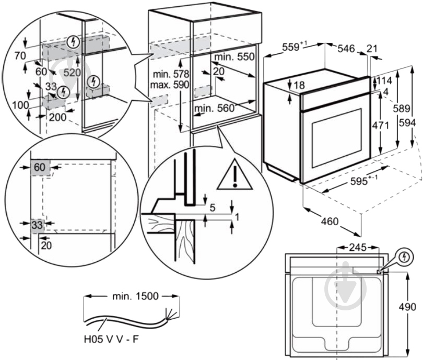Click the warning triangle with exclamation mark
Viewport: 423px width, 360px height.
tap(235, 175)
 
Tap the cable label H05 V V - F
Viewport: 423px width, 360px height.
tap(111, 339)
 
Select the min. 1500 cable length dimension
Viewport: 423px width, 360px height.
tap(135, 296)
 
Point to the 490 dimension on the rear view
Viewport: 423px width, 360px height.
tap(407, 307)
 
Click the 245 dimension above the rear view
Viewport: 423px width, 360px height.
tap(358, 247)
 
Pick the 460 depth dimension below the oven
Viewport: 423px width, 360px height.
tap(330, 222)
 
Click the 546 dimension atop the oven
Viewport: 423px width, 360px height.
tap(346, 49)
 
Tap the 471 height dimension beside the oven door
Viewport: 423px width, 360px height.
tap(380, 125)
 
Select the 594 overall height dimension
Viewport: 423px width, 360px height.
tap(408, 123)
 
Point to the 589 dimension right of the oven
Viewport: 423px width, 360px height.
tap(402, 109)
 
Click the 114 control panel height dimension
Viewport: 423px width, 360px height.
tap(384, 80)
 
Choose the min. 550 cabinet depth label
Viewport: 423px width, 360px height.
tap(234, 56)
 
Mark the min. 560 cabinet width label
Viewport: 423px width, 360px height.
tap(215, 108)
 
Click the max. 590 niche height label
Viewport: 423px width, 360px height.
tap(170, 85)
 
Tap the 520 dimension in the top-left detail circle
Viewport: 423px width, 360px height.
tap(72, 72)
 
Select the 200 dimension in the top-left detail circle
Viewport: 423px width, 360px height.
tap(57, 117)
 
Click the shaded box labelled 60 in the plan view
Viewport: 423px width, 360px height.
tap(40, 167)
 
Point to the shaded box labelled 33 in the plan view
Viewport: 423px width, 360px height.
tap(37, 225)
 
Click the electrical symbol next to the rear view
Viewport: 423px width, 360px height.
tap(404, 257)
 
